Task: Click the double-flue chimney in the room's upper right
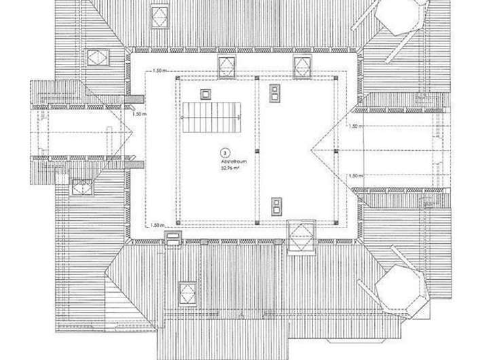[275, 91]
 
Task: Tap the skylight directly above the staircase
[226, 65]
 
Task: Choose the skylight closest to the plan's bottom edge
[185, 290]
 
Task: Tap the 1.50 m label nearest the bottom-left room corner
[156, 224]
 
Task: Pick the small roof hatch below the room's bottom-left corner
[174, 237]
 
